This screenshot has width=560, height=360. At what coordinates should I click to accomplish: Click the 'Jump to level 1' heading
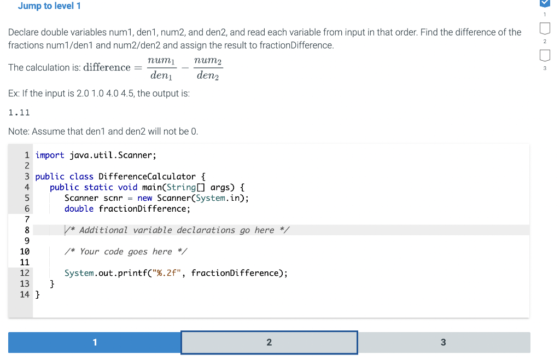[49, 6]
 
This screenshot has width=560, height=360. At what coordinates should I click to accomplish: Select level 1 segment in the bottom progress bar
[94, 342]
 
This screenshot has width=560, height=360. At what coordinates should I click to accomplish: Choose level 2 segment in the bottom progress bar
[269, 342]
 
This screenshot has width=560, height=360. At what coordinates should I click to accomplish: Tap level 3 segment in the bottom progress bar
[443, 342]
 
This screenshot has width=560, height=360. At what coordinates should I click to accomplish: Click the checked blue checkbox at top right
[545, 4]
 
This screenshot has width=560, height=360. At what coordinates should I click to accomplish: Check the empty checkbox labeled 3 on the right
[545, 55]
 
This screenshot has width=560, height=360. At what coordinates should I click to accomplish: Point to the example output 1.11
[19, 113]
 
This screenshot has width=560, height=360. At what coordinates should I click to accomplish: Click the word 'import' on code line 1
[50, 155]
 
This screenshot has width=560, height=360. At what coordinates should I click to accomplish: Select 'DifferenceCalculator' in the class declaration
[147, 177]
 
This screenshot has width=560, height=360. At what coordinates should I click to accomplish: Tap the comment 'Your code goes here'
[126, 252]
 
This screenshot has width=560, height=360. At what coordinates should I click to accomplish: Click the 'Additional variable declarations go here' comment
[177, 230]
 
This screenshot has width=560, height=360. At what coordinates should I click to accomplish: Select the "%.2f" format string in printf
[167, 273]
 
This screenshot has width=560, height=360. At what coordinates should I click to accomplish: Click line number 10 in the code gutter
[25, 252]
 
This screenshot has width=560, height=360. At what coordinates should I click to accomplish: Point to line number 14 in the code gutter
[25, 294]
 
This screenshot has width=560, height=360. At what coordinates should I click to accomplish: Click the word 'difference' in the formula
[107, 68]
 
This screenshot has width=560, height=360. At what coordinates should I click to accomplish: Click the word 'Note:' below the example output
[19, 131]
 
